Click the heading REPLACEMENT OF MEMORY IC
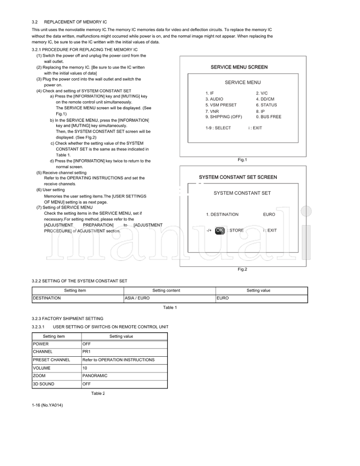coord(75,22)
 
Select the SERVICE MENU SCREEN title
coord(239,67)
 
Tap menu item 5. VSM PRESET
coord(221,105)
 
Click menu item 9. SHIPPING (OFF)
coord(224,116)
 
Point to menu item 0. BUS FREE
coord(269,116)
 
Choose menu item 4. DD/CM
coord(265,99)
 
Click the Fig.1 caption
coord(243,160)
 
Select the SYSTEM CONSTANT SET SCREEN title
coord(238,177)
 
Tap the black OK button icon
coord(220,230)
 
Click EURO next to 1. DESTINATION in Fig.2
coord(269,215)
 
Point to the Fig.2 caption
coord(243,269)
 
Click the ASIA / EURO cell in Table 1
coord(137,298)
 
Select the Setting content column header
coord(166,291)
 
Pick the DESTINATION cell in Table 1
coord(47,298)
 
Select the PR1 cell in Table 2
coord(86,351)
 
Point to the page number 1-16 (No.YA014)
coord(47,405)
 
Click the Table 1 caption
coord(170,308)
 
